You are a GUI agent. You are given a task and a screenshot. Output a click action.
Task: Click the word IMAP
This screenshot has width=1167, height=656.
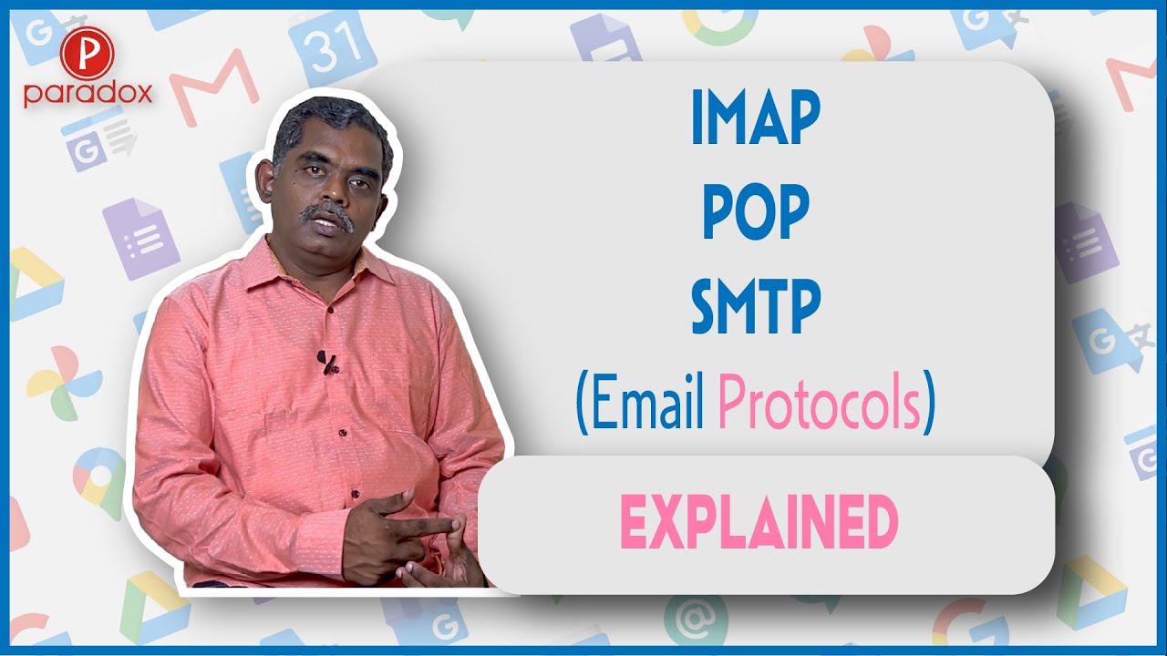pyautogui.click(x=756, y=118)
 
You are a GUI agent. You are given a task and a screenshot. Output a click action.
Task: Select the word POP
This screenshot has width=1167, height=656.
pyautogui.click(x=756, y=212)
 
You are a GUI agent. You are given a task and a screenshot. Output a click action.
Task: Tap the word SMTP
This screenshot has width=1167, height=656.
pyautogui.click(x=756, y=307)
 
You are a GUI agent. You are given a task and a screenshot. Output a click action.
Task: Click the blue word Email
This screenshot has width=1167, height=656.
pyautogui.click(x=647, y=401)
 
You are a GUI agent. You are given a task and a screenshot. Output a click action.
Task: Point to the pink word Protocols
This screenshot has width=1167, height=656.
pyautogui.click(x=820, y=402)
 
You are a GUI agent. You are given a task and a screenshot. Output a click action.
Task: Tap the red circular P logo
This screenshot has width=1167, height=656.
pyautogui.click(x=87, y=55)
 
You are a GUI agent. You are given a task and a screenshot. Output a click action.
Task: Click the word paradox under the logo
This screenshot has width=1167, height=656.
pyautogui.click(x=88, y=94)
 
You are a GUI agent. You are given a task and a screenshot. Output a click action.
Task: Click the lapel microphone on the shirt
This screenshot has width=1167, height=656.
pyautogui.click(x=327, y=362)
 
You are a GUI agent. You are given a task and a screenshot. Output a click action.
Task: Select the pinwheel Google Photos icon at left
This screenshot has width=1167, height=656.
pyautogui.click(x=63, y=383)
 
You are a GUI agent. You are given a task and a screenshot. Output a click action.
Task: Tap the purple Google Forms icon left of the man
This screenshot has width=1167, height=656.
pyautogui.click(x=140, y=239)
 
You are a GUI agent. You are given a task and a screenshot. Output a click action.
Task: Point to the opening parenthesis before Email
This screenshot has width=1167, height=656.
pyautogui.click(x=582, y=402)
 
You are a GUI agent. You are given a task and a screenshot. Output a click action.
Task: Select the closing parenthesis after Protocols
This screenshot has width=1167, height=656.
pyautogui.click(x=928, y=402)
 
